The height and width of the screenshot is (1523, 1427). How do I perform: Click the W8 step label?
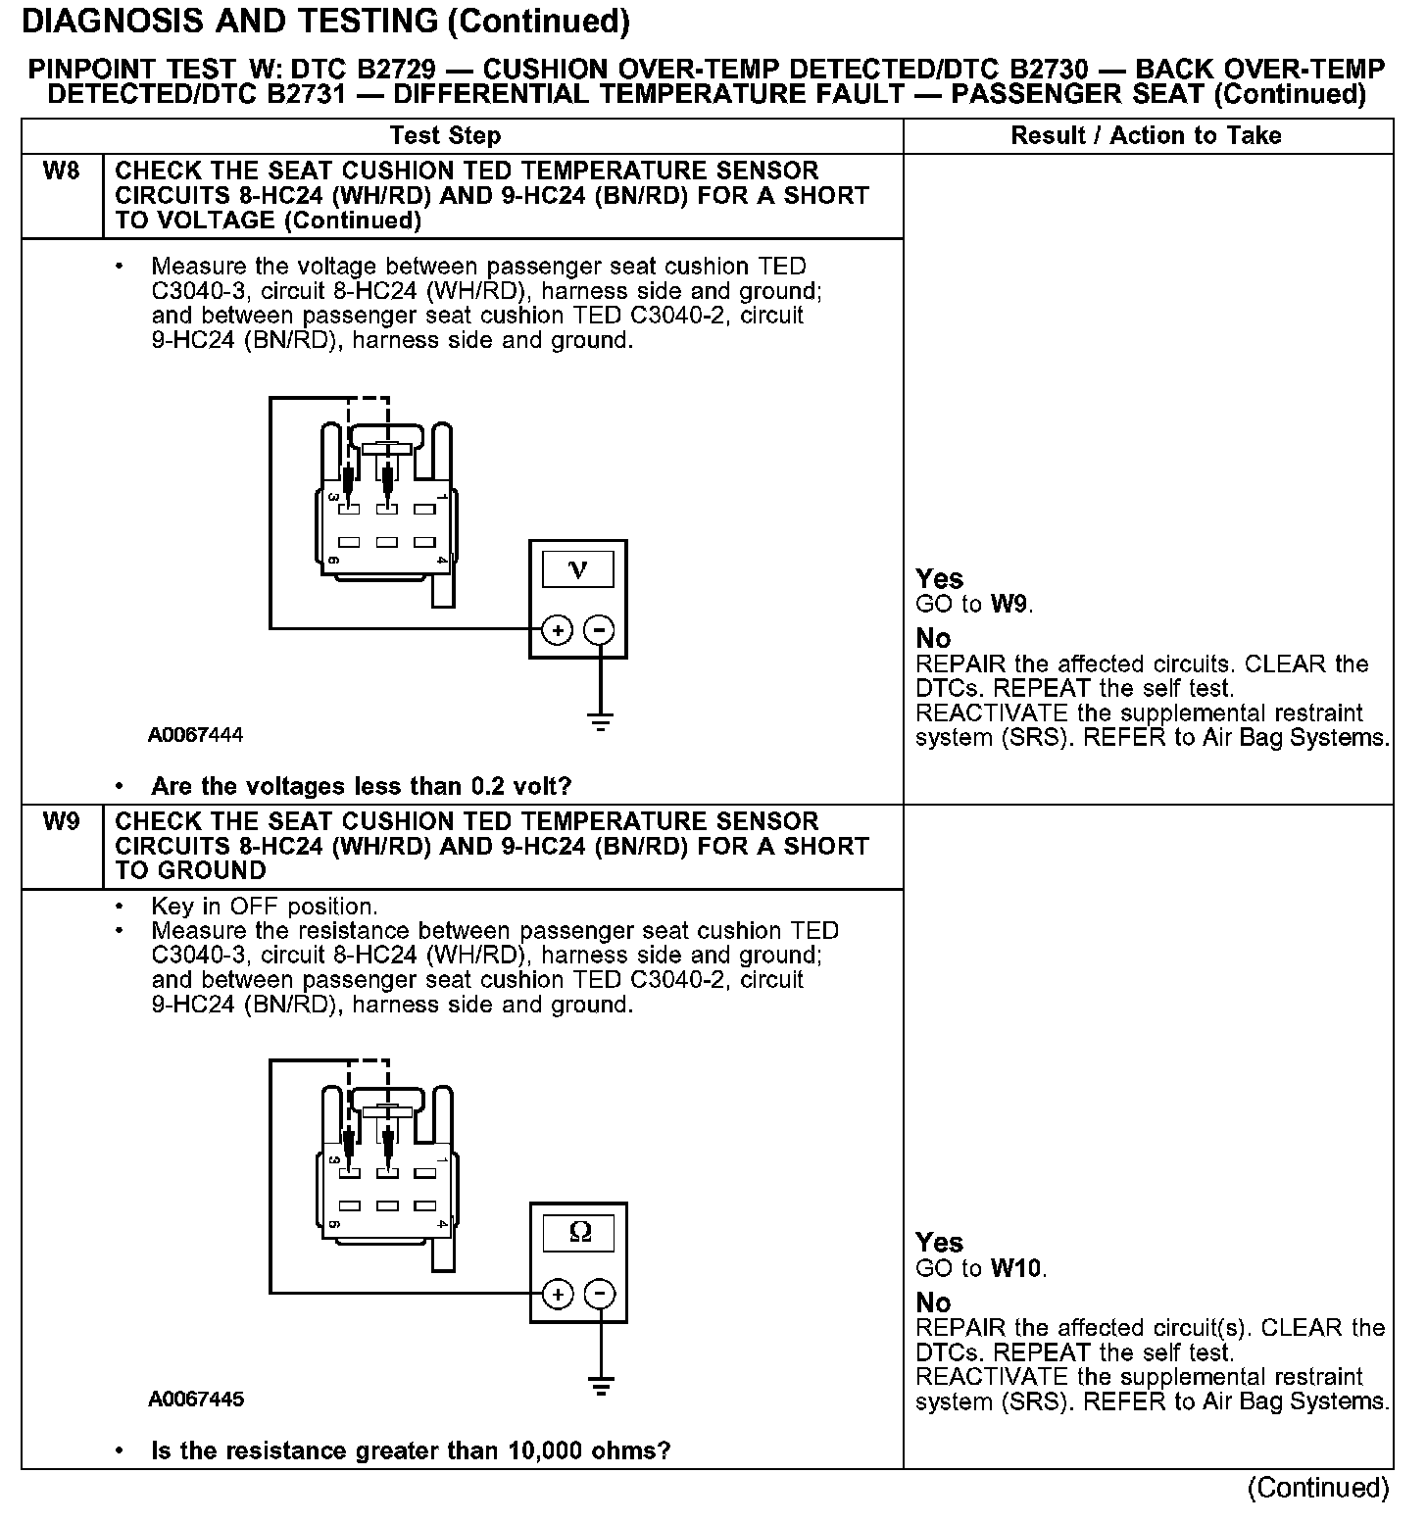61,172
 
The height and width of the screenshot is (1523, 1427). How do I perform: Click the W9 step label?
61,822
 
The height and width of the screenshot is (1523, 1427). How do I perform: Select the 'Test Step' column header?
445,136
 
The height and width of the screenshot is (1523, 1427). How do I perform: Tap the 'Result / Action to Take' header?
1146,136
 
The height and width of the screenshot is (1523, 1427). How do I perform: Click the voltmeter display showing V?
577,569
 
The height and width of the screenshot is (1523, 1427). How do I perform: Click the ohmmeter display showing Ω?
579,1233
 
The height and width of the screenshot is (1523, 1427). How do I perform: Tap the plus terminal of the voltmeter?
557,630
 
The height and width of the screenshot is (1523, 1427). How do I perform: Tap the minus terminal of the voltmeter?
600,630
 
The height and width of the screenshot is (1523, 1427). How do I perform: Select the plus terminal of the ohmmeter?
557,1295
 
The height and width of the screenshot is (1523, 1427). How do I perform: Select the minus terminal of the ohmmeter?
600,1295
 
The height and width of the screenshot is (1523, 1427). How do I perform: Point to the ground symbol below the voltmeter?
600,724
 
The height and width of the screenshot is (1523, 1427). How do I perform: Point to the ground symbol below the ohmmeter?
600,1387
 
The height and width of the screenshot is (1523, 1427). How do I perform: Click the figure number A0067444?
196,735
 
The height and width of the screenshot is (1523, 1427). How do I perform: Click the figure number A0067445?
196,1400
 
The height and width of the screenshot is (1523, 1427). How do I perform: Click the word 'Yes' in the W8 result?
939,578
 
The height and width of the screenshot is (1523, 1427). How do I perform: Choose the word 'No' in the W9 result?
933,1302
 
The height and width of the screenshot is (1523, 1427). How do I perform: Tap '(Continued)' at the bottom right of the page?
1318,1488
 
